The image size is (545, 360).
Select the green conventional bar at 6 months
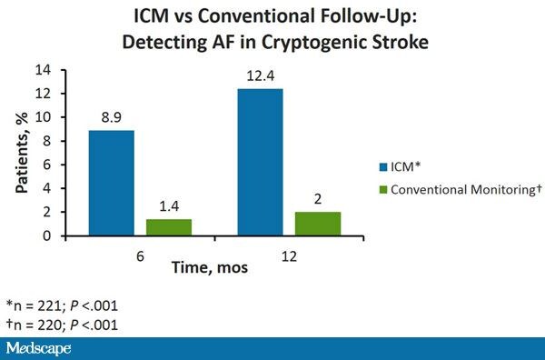170,227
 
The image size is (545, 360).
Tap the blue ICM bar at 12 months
260,162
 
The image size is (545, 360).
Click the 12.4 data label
260,75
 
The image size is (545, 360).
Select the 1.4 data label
170,206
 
